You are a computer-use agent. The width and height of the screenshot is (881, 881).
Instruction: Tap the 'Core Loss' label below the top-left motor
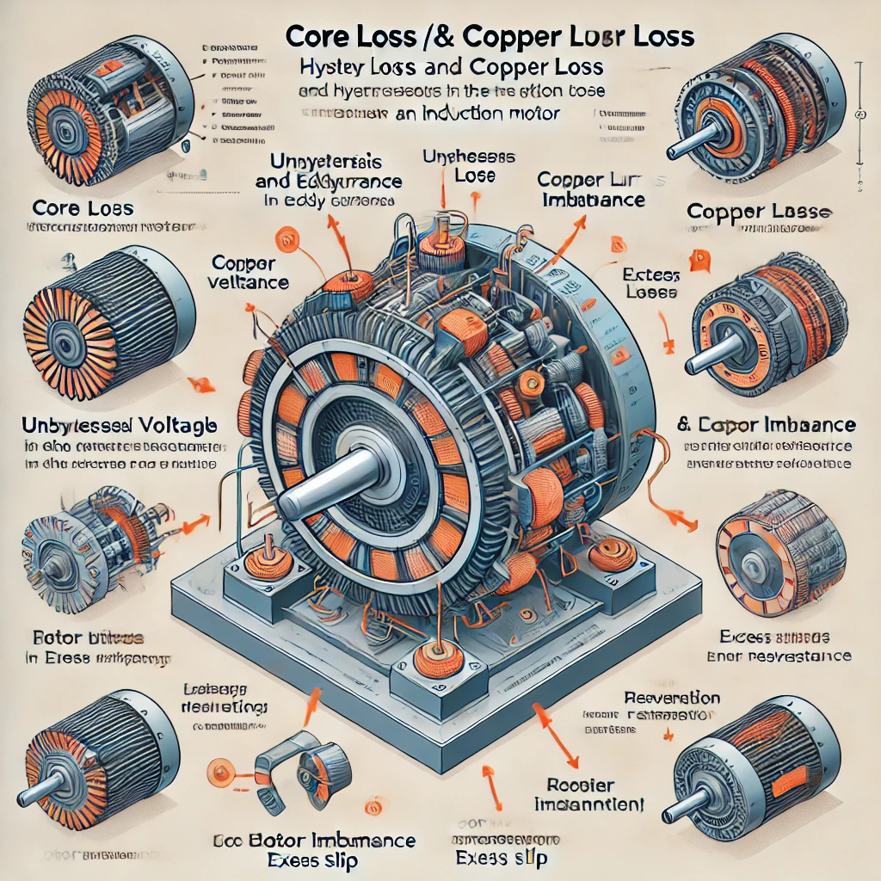83,208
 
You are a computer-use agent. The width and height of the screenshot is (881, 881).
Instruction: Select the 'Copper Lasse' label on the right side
761,211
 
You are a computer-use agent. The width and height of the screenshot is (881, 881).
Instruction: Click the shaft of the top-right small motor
693,141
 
